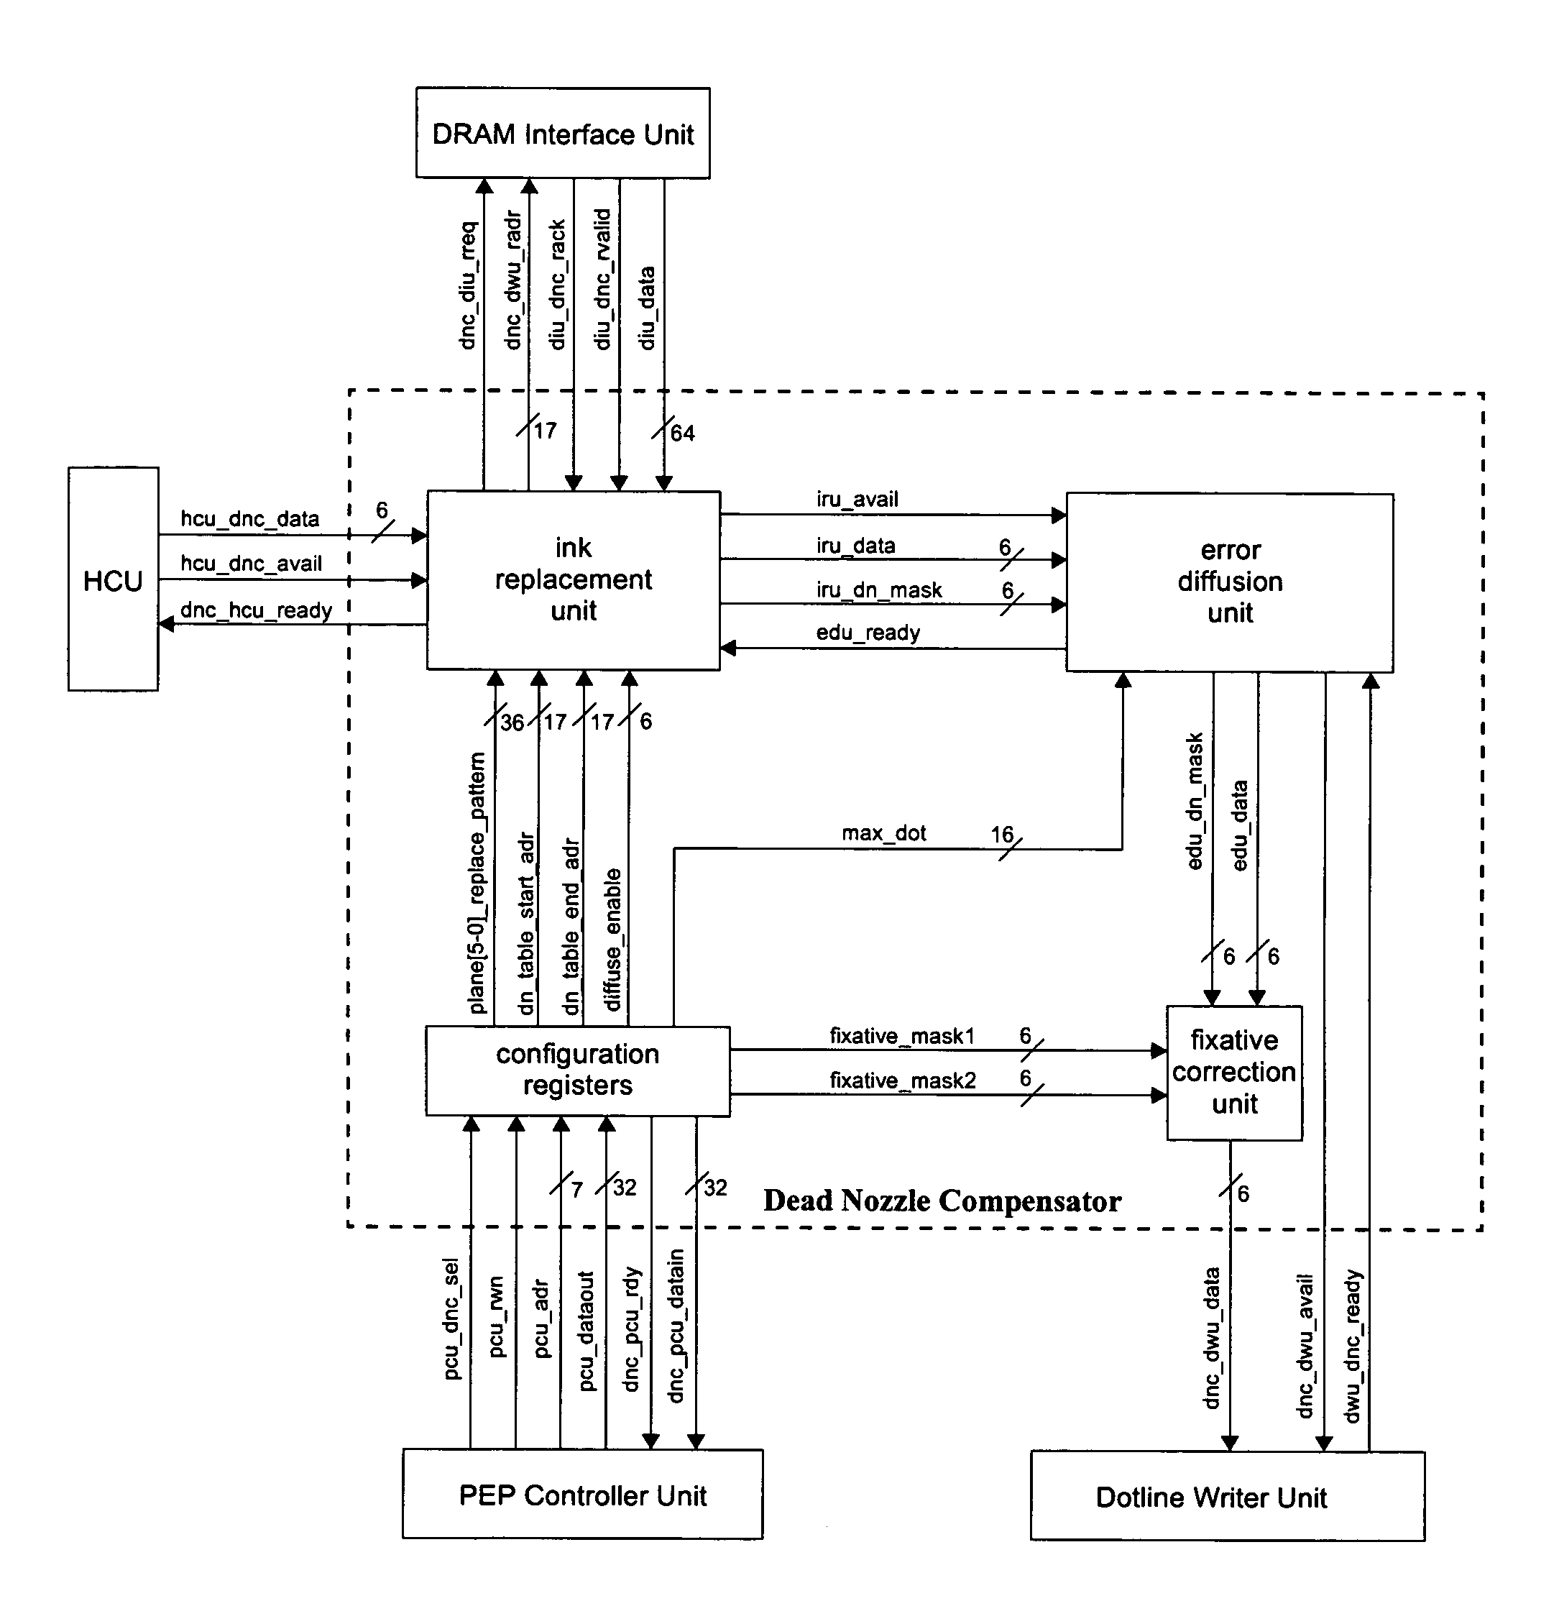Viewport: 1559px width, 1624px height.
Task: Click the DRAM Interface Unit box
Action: point(563,134)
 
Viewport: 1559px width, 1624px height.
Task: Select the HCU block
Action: point(113,580)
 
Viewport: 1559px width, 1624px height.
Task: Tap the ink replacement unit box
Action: point(574,580)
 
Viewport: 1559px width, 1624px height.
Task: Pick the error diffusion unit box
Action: point(1229,582)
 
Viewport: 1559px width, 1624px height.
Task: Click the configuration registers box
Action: point(577,1070)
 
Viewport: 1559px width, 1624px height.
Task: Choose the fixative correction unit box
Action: point(1234,1072)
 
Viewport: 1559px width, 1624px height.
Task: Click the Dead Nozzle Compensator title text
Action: point(942,1201)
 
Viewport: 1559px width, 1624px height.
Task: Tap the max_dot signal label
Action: point(884,833)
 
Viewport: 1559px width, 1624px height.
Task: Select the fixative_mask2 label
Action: point(903,1081)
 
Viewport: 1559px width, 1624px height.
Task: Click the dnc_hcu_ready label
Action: point(256,610)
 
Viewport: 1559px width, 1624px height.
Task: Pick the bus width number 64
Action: point(683,433)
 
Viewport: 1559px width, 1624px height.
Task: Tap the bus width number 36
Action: point(512,722)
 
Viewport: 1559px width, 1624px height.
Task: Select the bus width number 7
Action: point(576,1189)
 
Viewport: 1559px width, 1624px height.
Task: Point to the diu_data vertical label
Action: point(647,308)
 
